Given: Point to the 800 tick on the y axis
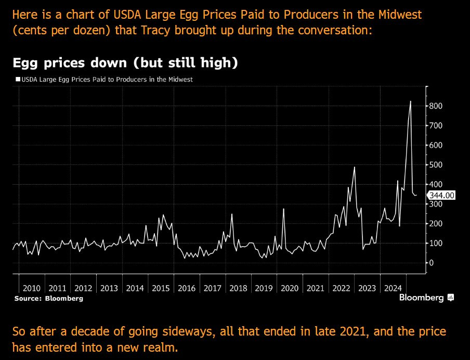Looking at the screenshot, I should [436, 106].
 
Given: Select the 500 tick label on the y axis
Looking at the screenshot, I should [436, 165].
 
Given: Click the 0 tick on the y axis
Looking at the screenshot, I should [431, 263].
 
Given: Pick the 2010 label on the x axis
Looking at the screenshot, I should [32, 288].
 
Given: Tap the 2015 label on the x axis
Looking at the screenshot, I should [161, 288].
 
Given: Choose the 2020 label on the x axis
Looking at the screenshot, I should [289, 288].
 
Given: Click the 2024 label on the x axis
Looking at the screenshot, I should [393, 288].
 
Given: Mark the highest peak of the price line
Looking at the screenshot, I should [411, 101].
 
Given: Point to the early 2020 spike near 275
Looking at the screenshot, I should [283, 209].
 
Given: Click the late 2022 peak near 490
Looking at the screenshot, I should [354, 167].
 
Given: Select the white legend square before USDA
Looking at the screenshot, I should [18, 80].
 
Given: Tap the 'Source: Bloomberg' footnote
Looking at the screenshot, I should [48, 299].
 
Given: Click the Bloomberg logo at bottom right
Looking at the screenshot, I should [426, 298].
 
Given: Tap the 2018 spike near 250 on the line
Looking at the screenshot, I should [232, 214].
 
